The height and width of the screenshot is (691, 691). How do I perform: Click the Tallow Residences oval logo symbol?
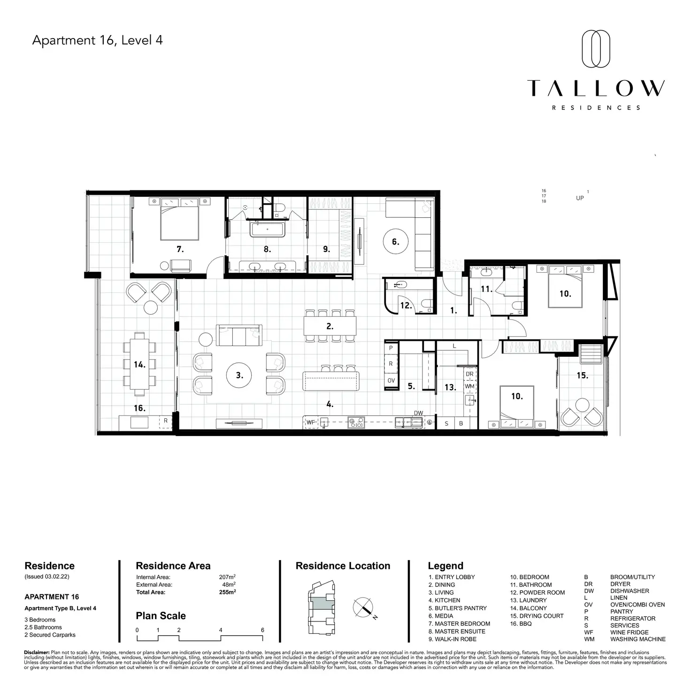(596, 49)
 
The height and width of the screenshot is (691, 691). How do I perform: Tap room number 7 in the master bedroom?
(180, 249)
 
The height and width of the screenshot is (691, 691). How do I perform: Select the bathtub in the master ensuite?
(267, 230)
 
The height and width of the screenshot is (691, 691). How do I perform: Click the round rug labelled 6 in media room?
(395, 242)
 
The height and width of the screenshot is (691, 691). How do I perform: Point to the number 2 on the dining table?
(330, 326)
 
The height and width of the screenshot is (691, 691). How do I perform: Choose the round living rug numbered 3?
(239, 375)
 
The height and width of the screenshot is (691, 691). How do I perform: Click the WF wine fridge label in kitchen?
(310, 422)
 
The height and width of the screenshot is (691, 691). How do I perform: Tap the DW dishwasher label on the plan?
(418, 413)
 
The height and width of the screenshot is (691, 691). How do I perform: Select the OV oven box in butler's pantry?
(391, 380)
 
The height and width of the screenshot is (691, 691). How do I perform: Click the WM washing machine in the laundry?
(469, 386)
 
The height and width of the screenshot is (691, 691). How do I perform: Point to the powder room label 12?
(406, 306)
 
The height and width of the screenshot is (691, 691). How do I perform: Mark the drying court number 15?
(582, 376)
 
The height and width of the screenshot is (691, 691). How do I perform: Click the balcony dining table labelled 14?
(139, 364)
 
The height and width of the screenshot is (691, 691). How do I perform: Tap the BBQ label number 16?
(139, 408)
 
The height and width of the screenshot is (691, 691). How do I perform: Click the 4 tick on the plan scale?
(221, 630)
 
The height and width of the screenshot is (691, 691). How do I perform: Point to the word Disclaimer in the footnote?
(37, 653)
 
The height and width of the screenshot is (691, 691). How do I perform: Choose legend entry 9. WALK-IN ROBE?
(452, 639)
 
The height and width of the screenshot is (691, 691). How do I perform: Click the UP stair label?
(580, 198)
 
